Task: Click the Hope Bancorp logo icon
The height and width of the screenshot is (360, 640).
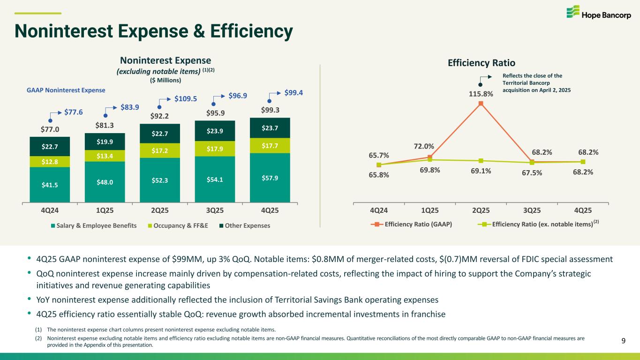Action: (573, 12)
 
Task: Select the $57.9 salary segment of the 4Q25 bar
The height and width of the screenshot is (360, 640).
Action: (270, 178)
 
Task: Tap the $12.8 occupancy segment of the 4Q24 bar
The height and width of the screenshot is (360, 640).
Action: (50, 162)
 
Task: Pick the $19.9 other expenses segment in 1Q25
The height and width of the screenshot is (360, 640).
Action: (105, 142)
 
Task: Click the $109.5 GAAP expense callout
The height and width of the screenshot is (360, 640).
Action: (186, 99)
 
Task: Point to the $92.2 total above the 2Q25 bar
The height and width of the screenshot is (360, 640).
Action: (159, 116)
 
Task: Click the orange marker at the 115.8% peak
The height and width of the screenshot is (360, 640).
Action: (481, 104)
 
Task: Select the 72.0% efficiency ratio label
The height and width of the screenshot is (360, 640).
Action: (424, 146)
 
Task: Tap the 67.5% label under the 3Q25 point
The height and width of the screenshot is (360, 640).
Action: (532, 173)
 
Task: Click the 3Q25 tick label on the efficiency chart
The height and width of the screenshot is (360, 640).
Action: (532, 210)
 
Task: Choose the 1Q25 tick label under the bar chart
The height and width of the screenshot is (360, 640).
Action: (105, 210)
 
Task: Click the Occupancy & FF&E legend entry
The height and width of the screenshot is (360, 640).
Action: (178, 226)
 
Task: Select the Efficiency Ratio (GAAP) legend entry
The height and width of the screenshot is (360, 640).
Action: (412, 224)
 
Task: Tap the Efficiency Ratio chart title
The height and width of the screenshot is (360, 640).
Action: (482, 63)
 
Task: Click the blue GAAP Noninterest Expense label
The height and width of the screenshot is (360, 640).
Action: (66, 90)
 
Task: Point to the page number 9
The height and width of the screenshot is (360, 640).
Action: (624, 341)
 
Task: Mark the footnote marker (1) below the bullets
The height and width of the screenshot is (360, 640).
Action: (38, 330)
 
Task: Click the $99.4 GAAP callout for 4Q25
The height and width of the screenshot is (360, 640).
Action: (294, 93)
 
